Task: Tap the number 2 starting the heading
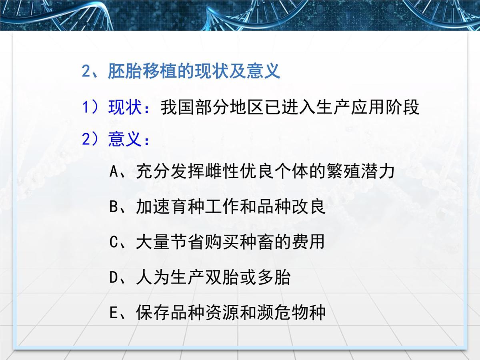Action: pos(87,72)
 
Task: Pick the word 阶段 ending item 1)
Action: pos(406,108)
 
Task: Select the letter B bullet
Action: pos(113,207)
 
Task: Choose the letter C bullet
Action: pos(113,242)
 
